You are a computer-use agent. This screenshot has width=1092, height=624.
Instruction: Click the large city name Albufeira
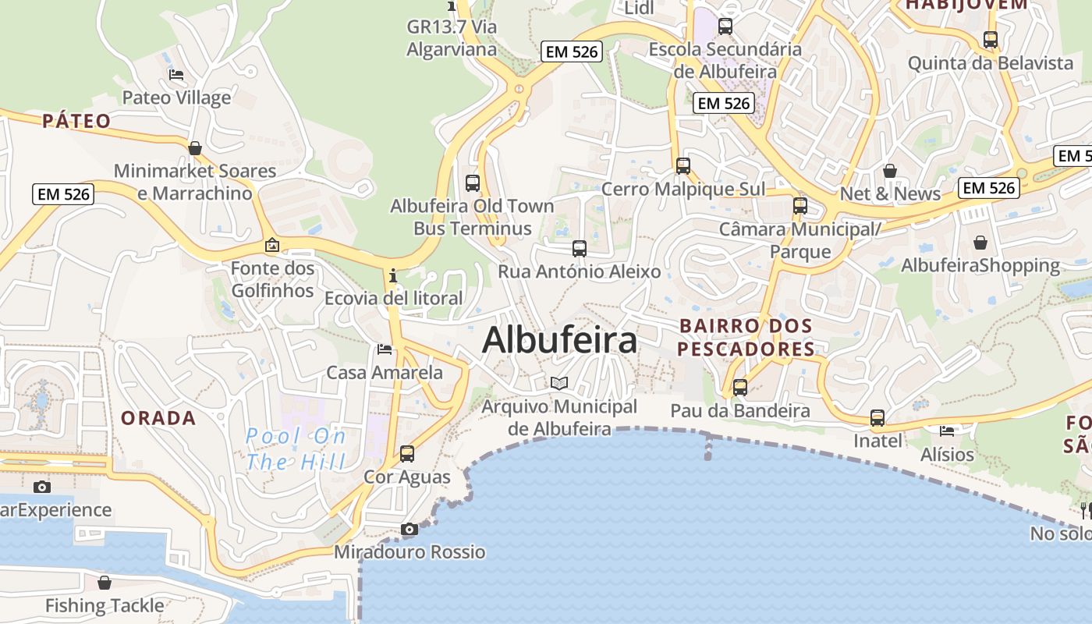559,341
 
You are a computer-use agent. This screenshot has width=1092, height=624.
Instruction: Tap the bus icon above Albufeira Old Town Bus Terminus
472,183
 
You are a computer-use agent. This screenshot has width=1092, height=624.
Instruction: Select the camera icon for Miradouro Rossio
409,530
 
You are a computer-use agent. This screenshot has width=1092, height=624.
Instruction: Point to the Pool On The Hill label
296,448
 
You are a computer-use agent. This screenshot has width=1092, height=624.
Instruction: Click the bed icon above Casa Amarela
384,349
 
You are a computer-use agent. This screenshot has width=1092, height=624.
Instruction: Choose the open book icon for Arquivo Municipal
559,383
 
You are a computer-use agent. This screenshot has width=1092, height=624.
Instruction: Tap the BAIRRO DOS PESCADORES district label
746,337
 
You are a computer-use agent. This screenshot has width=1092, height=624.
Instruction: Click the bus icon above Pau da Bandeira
739,387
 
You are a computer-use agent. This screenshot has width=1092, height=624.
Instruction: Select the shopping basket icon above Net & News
889,171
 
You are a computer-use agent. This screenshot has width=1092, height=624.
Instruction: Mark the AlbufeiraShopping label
980,265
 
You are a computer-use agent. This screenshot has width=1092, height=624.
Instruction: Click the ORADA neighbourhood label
158,418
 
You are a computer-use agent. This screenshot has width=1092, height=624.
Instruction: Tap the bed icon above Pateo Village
176,75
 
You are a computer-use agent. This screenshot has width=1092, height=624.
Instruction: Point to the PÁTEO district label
76,121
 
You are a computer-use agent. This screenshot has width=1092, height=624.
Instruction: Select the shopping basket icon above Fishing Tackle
105,583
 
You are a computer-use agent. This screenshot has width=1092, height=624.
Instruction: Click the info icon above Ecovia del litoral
392,275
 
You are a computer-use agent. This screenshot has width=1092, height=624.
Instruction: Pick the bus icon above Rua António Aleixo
579,249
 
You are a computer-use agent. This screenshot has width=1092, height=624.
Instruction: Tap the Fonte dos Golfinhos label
272,279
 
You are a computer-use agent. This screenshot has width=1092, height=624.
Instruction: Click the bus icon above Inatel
877,418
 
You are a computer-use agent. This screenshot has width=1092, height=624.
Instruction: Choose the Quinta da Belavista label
991,62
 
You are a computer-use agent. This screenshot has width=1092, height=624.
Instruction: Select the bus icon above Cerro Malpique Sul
682,165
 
